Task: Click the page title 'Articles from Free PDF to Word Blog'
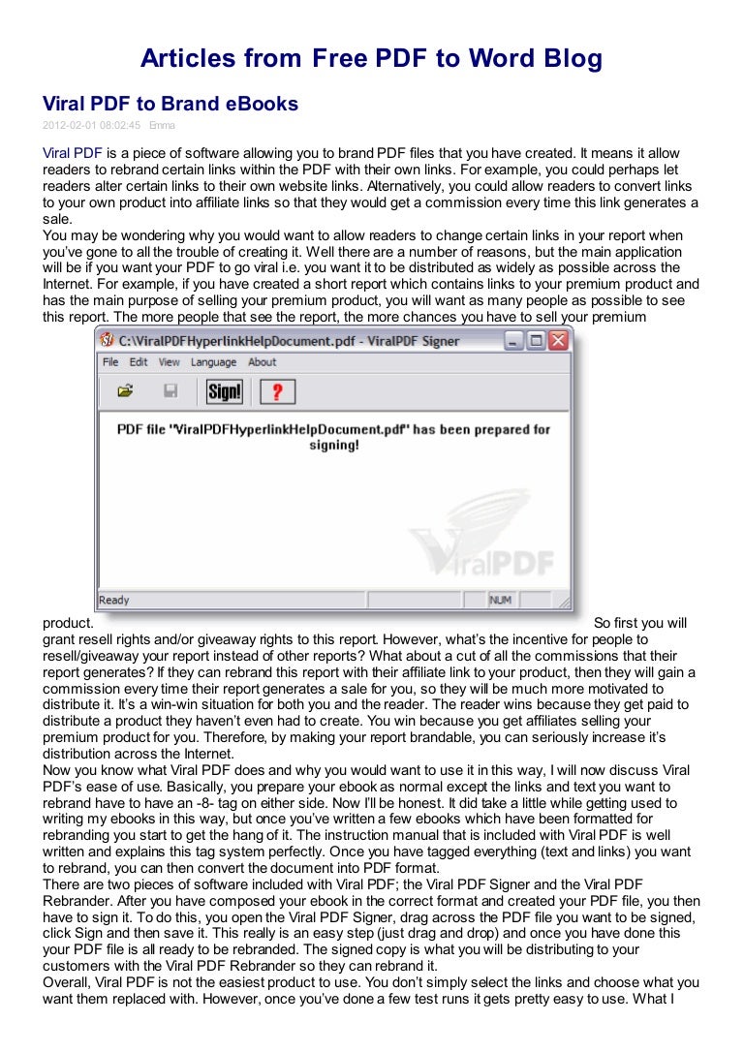[x=371, y=59]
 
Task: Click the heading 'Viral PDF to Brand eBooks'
[x=170, y=104]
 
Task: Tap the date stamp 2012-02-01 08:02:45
[x=92, y=125]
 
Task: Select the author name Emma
[x=163, y=125]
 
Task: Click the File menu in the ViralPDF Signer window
[x=110, y=362]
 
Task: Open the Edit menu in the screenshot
[x=139, y=362]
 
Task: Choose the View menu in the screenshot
[x=170, y=362]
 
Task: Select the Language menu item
[x=213, y=362]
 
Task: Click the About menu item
[x=263, y=362]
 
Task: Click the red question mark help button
[x=277, y=391]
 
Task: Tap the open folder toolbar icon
[x=125, y=391]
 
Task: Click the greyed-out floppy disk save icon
[x=170, y=391]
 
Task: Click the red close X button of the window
[x=559, y=340]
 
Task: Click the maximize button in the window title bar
[x=536, y=340]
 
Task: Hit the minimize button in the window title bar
[x=513, y=340]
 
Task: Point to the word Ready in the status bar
[x=114, y=600]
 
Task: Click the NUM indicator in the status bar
[x=500, y=600]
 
